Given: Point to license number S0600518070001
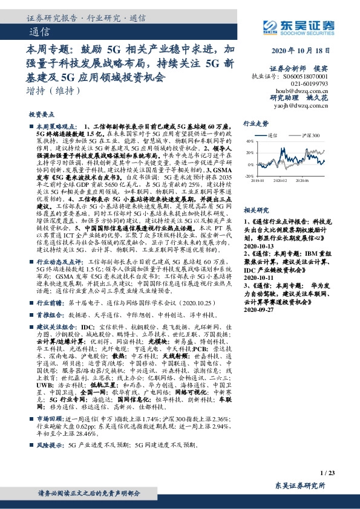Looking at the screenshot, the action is coord(306,77).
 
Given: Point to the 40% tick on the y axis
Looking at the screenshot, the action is coord(250,141).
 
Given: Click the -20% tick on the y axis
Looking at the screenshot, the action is coord(249,176).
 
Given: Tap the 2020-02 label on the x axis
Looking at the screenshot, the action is coord(280,180).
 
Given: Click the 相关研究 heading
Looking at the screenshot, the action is coord(255,210).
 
